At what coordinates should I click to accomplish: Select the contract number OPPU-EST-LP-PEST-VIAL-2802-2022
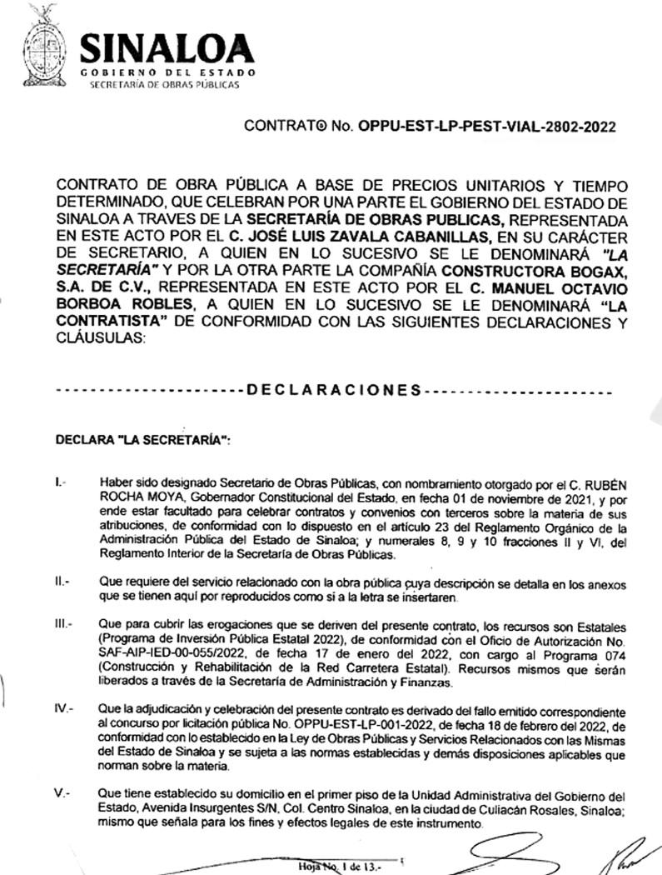(486, 127)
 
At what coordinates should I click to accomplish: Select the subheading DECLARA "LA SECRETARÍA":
(142, 439)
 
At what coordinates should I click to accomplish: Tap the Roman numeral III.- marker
(63, 623)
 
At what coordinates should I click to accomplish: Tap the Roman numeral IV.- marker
(64, 708)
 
